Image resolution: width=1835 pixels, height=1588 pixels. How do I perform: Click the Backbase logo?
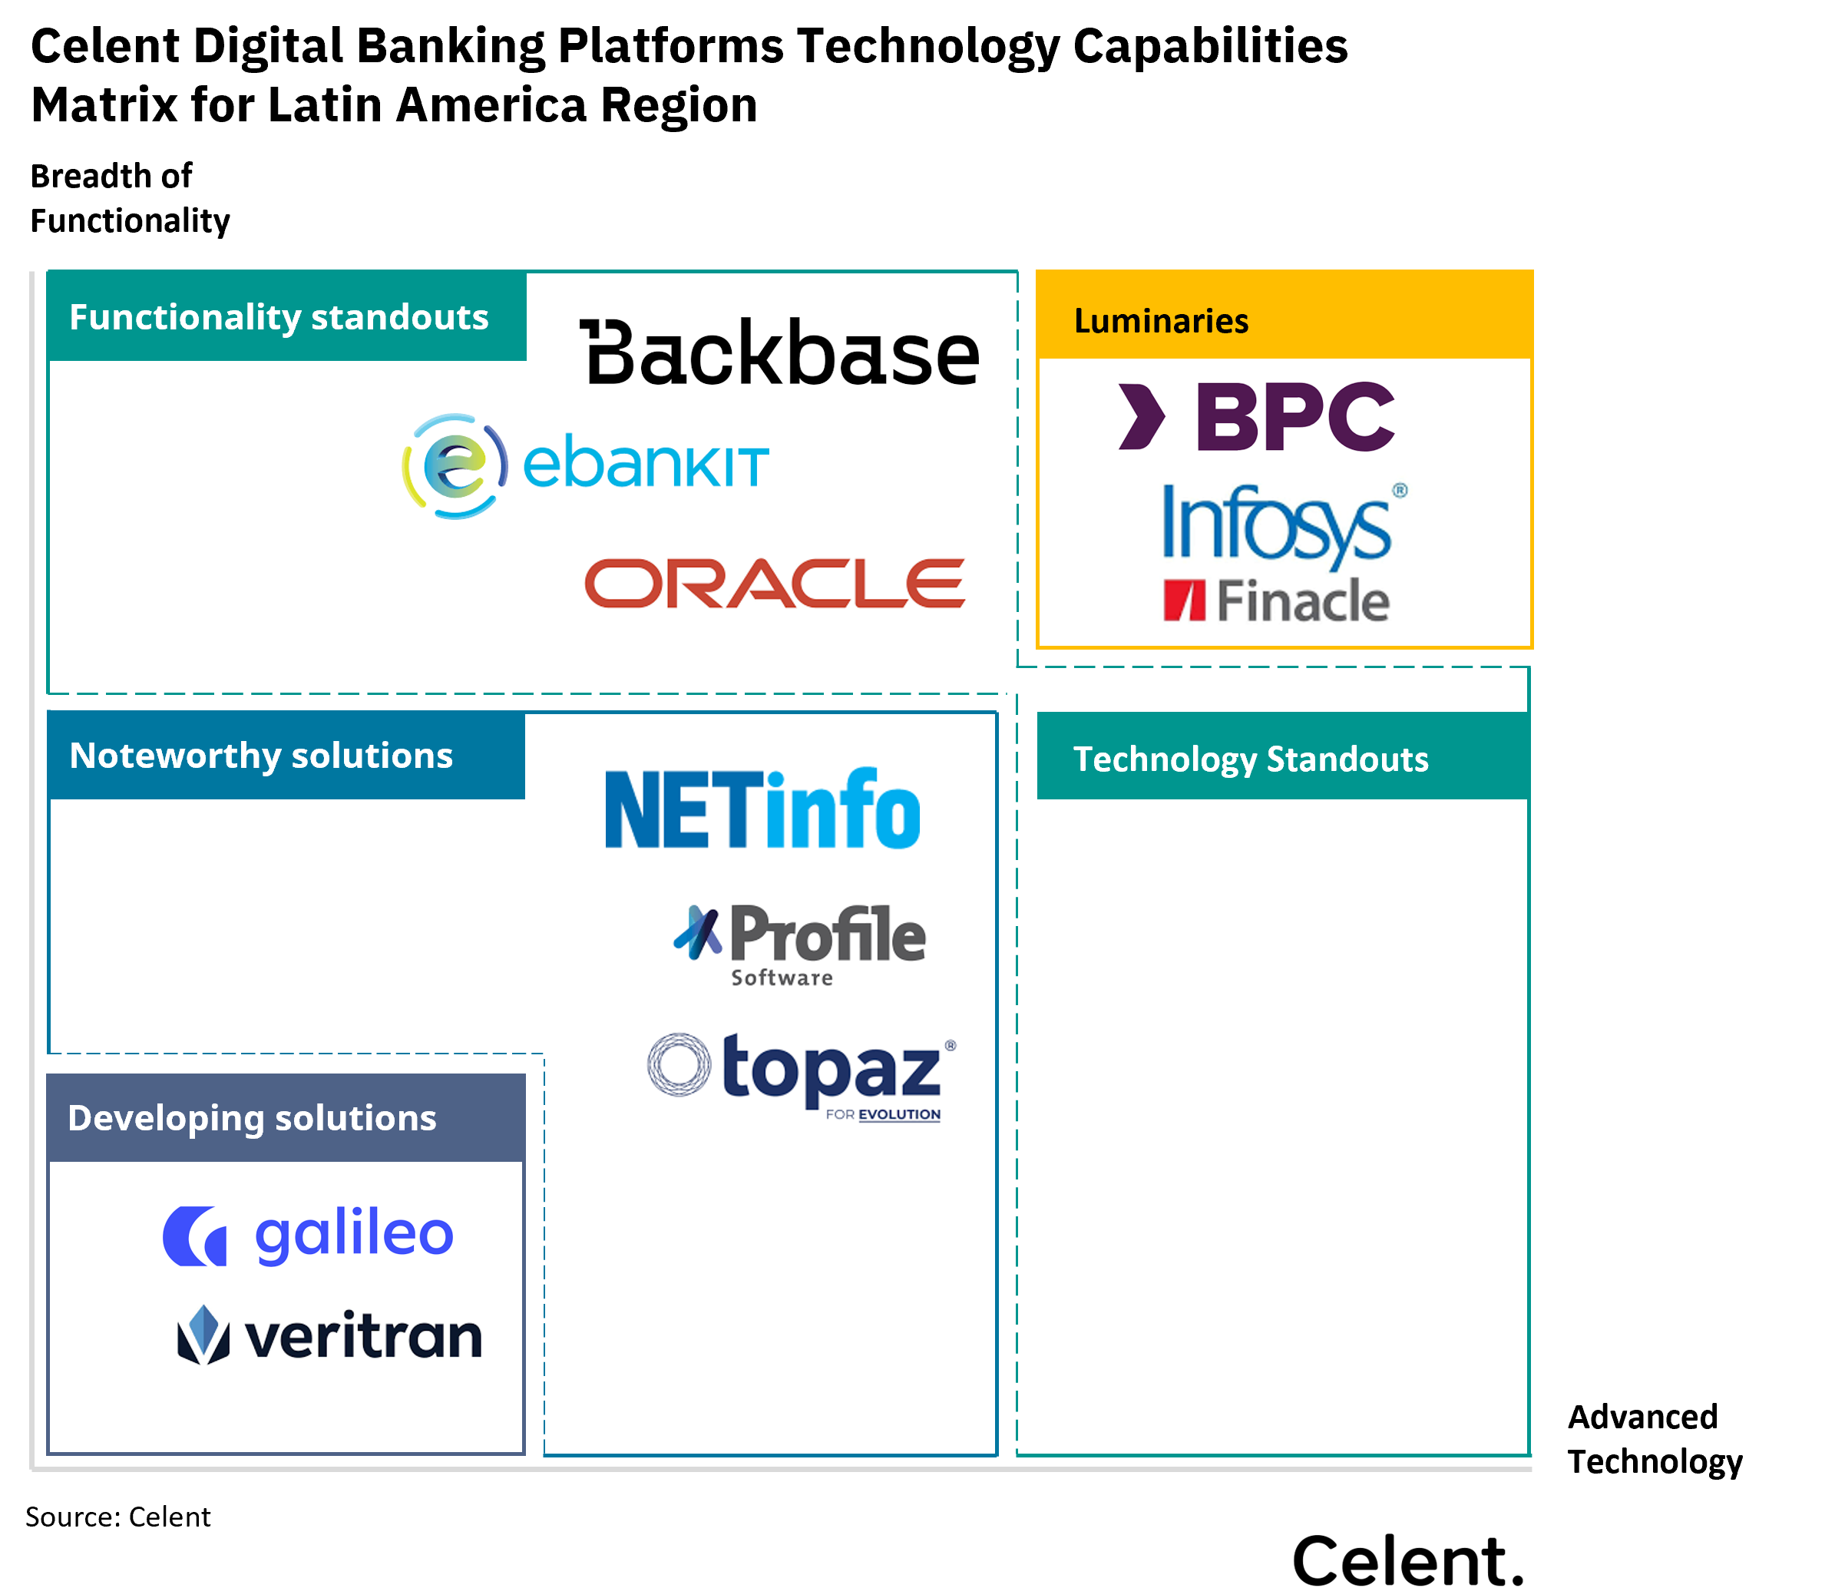point(778,352)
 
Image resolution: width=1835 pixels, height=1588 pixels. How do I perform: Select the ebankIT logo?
point(585,466)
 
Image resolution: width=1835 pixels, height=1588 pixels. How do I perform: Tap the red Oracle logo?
point(772,582)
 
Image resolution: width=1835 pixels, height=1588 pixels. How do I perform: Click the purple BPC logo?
point(1231,416)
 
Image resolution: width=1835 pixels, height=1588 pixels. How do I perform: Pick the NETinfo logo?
point(762,807)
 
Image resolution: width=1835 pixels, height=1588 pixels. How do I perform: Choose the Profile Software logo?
point(799,939)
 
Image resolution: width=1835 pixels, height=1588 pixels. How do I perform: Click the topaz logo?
point(802,1080)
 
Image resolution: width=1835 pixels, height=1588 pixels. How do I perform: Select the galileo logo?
point(307,1236)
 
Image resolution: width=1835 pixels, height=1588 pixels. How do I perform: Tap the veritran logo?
point(330,1335)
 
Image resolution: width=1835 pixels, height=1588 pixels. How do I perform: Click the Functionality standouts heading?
point(279,317)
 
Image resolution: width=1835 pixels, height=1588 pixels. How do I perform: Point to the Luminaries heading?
point(1161,321)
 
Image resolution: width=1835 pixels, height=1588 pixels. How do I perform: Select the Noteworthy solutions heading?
point(261,756)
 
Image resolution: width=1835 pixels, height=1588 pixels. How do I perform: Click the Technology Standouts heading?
point(1250,759)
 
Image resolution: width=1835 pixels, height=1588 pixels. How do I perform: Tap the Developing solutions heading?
point(253,1118)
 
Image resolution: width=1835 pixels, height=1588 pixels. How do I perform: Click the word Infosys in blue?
point(1276,524)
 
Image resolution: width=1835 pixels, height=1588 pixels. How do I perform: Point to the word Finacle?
point(1301,600)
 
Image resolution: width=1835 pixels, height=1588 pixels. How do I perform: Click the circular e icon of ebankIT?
point(455,466)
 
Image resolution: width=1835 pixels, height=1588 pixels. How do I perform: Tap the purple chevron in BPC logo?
point(1142,416)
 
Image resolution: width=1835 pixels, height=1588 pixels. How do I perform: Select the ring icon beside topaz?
point(679,1064)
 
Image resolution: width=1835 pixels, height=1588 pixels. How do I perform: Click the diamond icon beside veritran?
point(203,1335)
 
